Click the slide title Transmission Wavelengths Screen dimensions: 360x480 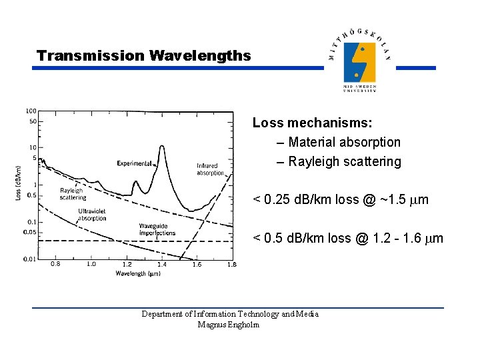(x=144, y=55)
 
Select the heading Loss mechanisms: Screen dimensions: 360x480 (x=312, y=123)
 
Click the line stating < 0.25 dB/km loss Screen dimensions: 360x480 (x=340, y=199)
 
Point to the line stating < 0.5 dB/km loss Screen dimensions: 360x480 (x=347, y=238)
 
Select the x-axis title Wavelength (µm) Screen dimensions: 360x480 (x=138, y=273)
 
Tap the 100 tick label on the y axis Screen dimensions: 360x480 (x=31, y=111)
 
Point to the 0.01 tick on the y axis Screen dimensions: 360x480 (x=31, y=259)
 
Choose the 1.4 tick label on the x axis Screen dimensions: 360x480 (x=162, y=265)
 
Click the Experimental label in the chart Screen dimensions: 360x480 (x=133, y=163)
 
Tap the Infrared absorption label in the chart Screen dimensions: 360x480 (x=210, y=169)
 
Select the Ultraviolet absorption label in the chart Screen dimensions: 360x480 (x=92, y=214)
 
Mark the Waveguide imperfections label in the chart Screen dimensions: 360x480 (x=157, y=230)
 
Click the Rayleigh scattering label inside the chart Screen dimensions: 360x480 (x=73, y=194)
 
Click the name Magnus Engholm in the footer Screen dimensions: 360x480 (x=229, y=325)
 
